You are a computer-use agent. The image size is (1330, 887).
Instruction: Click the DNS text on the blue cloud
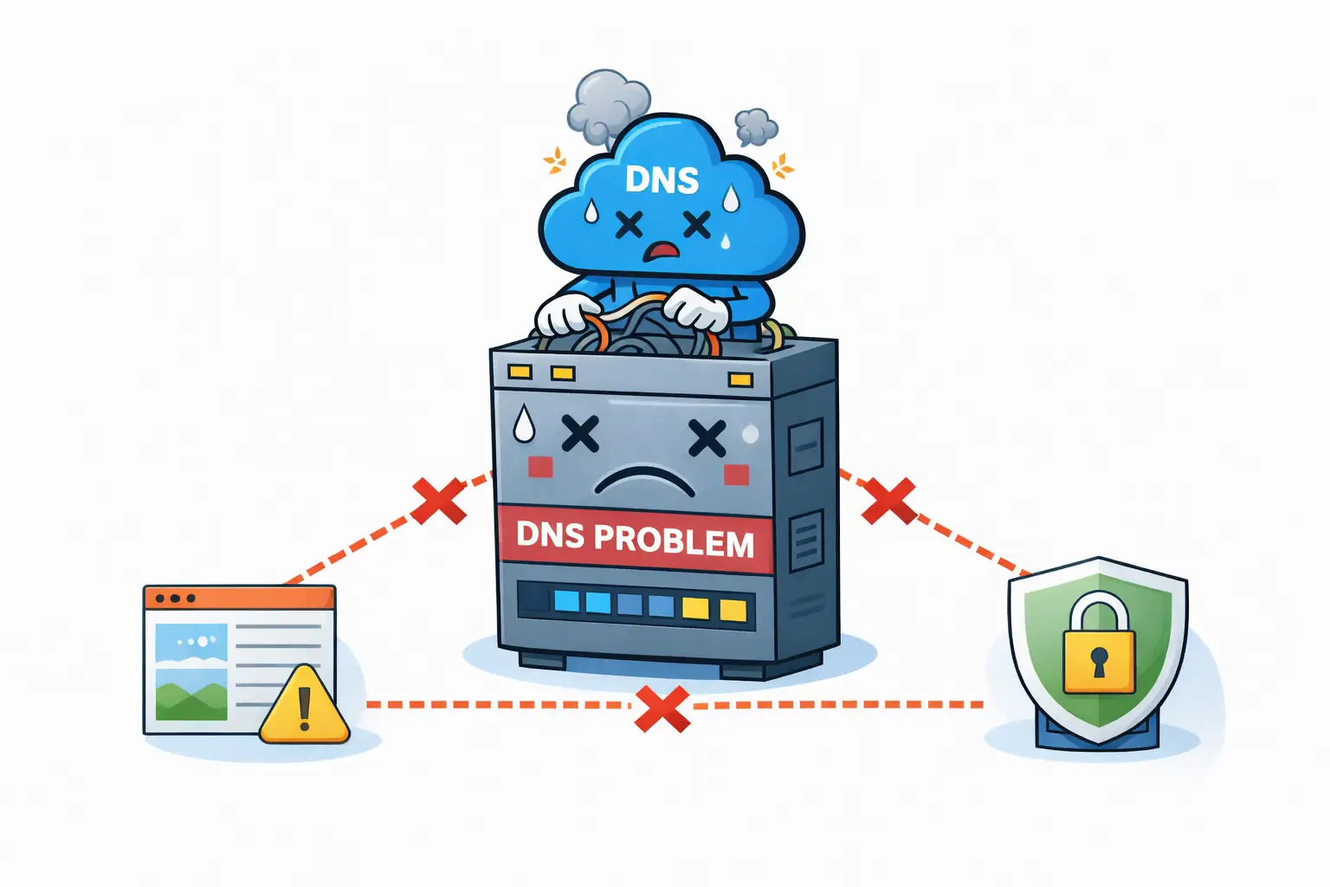point(662,179)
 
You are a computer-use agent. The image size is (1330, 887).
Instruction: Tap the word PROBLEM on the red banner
point(674,541)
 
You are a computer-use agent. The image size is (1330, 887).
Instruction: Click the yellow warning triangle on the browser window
point(304,707)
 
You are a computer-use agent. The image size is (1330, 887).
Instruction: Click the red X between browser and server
point(438,500)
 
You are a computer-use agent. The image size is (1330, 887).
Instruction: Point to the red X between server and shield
point(888,501)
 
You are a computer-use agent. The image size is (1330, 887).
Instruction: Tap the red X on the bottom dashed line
point(662,709)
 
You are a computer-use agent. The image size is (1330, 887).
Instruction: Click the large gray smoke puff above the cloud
point(608,106)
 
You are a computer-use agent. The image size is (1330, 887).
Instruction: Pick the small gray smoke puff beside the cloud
point(756,127)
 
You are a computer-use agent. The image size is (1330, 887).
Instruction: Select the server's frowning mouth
point(645,481)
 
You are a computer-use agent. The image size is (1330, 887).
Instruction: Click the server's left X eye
point(580,433)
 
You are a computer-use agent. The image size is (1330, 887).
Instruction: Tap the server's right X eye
point(707,438)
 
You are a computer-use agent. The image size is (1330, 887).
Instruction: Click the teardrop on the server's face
point(523,424)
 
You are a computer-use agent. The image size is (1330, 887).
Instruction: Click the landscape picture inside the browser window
point(191,671)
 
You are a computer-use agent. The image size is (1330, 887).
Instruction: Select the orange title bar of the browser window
point(239,598)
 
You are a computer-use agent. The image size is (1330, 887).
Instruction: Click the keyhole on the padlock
point(1099,663)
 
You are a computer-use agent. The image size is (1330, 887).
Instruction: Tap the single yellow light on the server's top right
point(740,379)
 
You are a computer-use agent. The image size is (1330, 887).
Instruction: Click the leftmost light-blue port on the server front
point(565,601)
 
